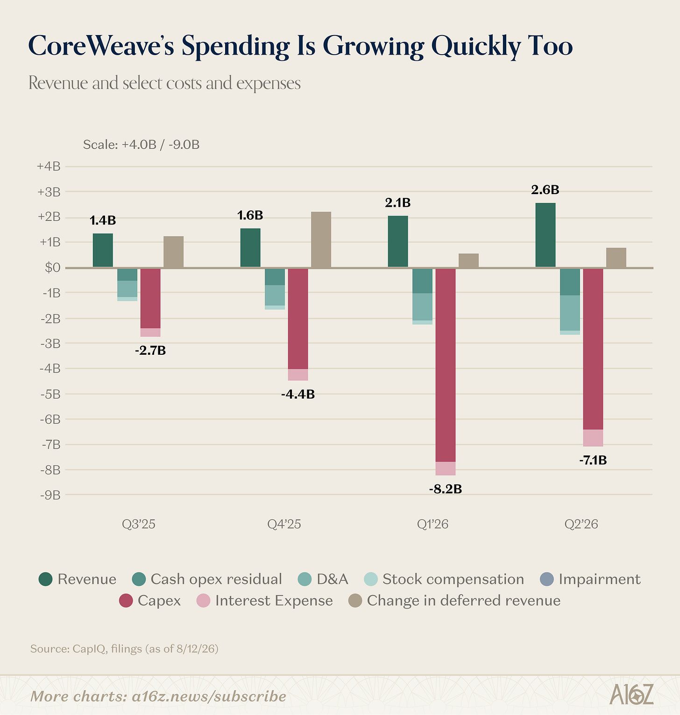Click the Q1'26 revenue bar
(398, 241)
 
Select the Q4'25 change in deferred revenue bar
(321, 239)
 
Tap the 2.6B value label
(545, 190)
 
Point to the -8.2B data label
(445, 489)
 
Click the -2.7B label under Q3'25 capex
(150, 350)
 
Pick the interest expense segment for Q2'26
(593, 438)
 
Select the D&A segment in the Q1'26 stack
(422, 307)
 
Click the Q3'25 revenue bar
(103, 250)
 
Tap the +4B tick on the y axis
(49, 167)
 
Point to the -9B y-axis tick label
(50, 495)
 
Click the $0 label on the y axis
(52, 268)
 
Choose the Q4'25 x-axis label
(284, 524)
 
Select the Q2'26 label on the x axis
(581, 524)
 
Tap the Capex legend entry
(150, 600)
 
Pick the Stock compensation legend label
(453, 579)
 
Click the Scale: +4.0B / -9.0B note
(142, 145)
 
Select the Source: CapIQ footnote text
(124, 649)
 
